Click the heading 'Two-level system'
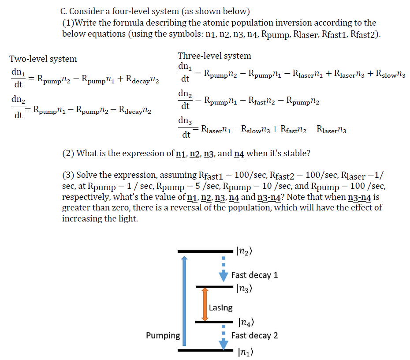coord(43,59)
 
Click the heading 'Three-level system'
coord(214,56)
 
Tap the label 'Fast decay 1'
coord(254,275)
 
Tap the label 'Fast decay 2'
coord(254,335)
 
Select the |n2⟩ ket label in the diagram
coord(244,251)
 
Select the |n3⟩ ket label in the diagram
coord(244,289)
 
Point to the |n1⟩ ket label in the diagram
coord(244,352)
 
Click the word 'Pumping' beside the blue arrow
coord(163,336)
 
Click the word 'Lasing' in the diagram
coord(220,307)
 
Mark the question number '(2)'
coord(68,154)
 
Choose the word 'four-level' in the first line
coord(142,11)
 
